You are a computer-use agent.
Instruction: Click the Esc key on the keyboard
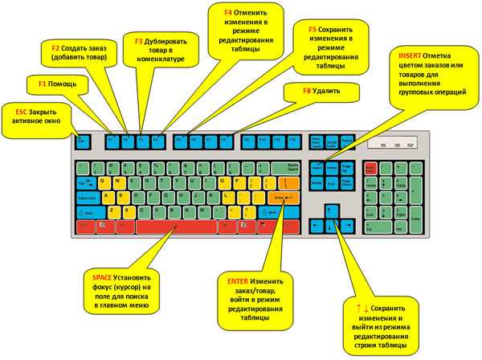(81, 140)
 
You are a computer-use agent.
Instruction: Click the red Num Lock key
(370, 167)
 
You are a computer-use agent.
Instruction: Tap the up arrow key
(330, 211)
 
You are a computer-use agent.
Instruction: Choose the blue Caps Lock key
(86, 197)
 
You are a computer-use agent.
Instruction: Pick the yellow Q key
(102, 182)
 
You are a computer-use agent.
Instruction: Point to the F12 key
(292, 140)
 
